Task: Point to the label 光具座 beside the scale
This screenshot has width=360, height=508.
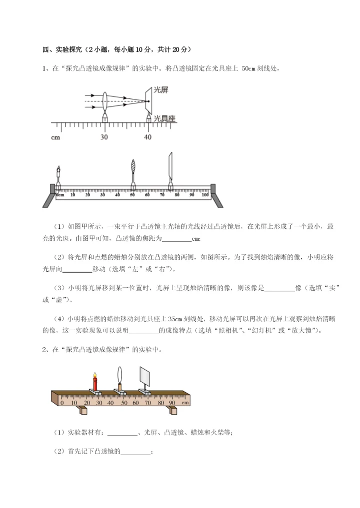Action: tap(164, 118)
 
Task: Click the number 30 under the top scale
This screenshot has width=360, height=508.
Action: tap(104, 137)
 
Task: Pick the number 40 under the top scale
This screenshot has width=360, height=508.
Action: tap(148, 137)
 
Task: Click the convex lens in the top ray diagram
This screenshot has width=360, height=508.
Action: tap(105, 101)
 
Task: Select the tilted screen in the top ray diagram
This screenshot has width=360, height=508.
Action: tap(148, 101)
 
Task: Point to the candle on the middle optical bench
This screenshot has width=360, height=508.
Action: tap(58, 176)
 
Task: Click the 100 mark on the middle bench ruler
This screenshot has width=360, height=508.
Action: tap(205, 195)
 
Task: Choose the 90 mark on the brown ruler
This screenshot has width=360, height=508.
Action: tap(172, 402)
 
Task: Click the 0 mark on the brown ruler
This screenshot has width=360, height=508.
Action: tap(62, 402)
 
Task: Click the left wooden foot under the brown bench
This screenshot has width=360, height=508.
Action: tap(83, 411)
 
